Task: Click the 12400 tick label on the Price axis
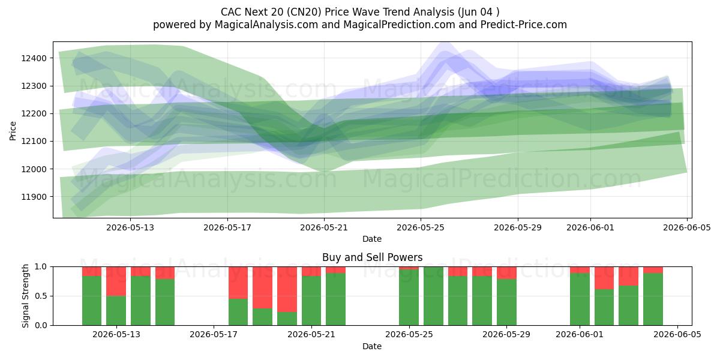point(34,58)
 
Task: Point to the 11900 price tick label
point(34,197)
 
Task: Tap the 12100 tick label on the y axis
point(34,141)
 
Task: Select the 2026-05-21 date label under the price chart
point(324,227)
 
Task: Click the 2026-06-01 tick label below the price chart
point(590,227)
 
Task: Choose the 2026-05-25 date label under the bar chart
point(409,335)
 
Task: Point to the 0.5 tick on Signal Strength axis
point(41,296)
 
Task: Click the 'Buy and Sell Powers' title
point(372,257)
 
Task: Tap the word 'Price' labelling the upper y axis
point(13,131)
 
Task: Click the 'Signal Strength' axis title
point(25,296)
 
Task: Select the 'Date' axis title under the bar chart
point(372,346)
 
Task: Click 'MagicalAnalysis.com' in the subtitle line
point(266,25)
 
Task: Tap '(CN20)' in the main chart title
point(304,12)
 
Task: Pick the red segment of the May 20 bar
point(287,289)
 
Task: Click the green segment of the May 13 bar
point(140,301)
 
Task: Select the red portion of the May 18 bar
point(238,283)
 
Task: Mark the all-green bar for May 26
point(433,296)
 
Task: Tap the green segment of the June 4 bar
point(653,299)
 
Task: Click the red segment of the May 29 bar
point(506,273)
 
